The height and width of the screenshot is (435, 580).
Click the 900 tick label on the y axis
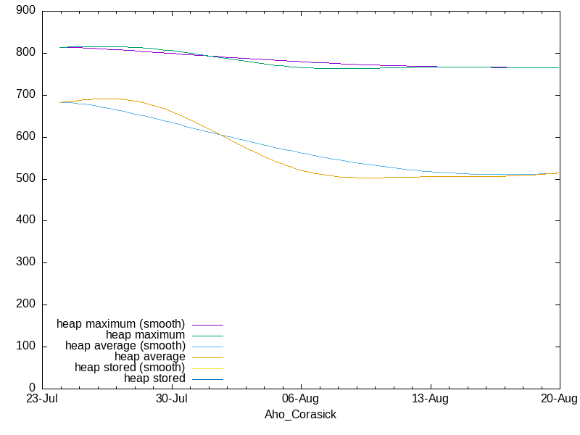(x=25, y=10)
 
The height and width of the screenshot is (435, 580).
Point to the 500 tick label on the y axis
(x=25, y=178)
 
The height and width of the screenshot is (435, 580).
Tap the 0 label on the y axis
(x=32, y=388)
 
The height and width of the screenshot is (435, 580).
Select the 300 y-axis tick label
(x=25, y=262)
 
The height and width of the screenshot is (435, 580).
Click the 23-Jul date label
(x=42, y=399)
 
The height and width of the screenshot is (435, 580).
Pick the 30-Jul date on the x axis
(x=172, y=399)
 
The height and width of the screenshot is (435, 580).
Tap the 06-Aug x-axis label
(x=300, y=399)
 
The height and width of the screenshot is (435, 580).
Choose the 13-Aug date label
(x=430, y=399)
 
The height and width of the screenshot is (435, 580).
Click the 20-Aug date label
(x=559, y=399)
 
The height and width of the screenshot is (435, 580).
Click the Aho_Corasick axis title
(x=300, y=415)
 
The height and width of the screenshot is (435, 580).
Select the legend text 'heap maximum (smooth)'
(x=120, y=324)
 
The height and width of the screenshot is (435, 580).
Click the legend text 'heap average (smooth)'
(x=125, y=346)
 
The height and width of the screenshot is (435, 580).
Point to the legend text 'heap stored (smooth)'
(x=130, y=368)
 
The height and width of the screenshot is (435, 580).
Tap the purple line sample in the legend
(x=208, y=325)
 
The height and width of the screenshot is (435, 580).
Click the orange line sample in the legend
(x=208, y=357)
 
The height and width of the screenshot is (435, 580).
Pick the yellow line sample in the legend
(x=208, y=369)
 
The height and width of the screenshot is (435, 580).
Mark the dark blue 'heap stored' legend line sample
(x=208, y=379)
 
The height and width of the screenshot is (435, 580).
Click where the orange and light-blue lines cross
(x=222, y=136)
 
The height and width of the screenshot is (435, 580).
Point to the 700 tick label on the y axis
(x=25, y=95)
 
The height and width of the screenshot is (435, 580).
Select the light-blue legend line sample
(x=208, y=347)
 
